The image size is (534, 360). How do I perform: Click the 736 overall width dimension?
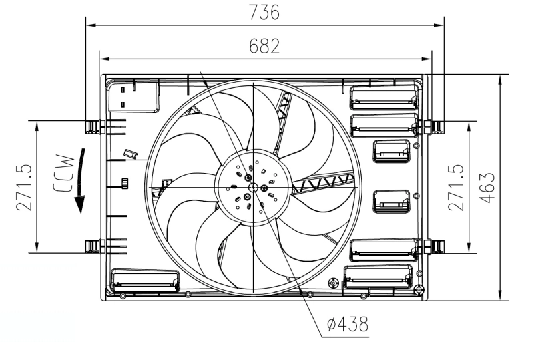(x=264, y=12)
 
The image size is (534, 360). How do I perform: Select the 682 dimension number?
(x=264, y=46)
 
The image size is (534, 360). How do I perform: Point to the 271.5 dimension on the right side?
(x=456, y=187)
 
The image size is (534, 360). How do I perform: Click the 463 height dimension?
(x=488, y=187)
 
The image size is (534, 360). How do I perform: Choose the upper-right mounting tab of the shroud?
(x=437, y=125)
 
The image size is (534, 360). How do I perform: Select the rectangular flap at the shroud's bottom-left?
(x=146, y=281)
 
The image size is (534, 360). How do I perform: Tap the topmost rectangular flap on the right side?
(x=384, y=96)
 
